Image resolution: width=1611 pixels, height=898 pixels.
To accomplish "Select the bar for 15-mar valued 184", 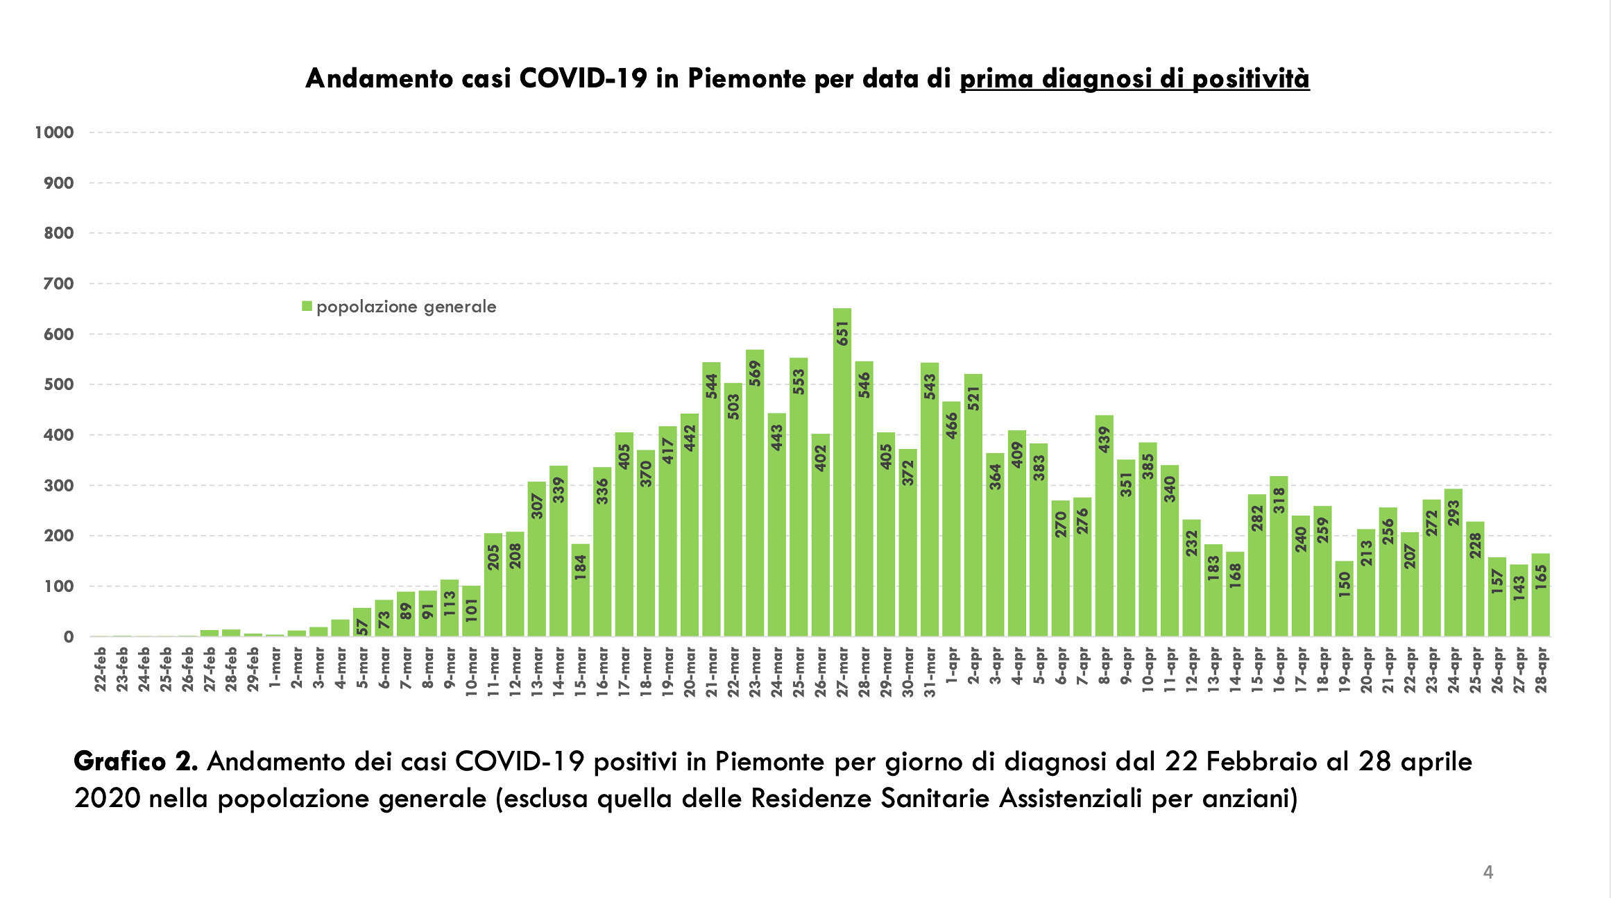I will (581, 590).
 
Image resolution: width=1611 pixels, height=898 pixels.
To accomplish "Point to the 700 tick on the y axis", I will (58, 284).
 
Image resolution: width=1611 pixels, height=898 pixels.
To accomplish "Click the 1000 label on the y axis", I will (54, 133).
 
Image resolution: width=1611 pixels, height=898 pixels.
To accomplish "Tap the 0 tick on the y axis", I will (68, 637).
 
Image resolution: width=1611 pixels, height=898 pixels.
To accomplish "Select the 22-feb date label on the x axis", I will (101, 669).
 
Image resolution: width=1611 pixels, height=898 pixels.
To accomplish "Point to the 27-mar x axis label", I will (842, 669).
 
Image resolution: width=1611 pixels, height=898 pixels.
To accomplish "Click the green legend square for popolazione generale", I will (307, 306).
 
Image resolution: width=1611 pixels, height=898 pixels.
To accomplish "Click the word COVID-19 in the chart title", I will (583, 78).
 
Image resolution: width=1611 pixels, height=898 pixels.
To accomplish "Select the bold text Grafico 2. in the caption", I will (136, 761).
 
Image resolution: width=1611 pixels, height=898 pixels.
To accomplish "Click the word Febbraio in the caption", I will (1261, 761).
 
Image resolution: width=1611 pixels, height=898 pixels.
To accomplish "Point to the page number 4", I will (1488, 872).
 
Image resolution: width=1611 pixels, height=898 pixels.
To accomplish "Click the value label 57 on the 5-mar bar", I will (362, 627).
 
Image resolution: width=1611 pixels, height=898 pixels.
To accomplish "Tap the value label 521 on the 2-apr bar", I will (973, 398).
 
